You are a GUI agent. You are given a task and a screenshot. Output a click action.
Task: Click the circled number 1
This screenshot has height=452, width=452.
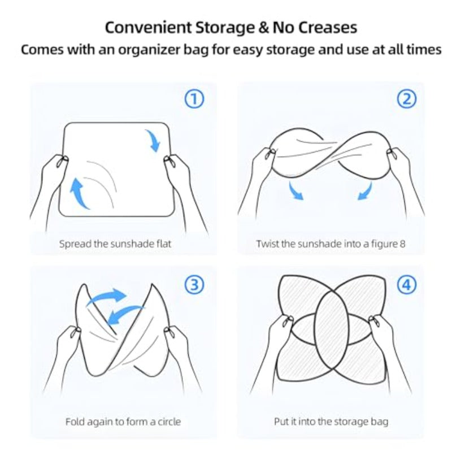tap(194, 99)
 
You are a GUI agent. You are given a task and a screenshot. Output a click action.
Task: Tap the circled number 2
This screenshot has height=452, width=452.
tap(406, 99)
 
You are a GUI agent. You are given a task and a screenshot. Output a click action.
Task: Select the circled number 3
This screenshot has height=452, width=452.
tap(194, 285)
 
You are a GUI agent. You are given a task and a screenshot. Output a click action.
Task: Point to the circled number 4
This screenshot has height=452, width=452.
tap(406, 285)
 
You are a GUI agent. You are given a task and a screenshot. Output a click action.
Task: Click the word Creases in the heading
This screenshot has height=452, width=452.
tap(328, 28)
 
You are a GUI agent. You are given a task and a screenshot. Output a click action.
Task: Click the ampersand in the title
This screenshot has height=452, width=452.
tap(263, 28)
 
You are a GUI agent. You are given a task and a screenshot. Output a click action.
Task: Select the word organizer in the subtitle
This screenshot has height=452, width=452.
tap(149, 50)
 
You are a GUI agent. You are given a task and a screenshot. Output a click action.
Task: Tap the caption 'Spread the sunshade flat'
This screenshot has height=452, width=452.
tap(115, 244)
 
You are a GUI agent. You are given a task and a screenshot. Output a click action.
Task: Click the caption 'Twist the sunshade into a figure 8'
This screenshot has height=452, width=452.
tap(331, 244)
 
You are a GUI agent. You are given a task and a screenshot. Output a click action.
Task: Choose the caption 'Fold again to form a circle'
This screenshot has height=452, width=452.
tap(123, 421)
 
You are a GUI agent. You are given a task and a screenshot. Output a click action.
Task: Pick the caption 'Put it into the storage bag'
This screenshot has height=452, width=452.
tap(331, 421)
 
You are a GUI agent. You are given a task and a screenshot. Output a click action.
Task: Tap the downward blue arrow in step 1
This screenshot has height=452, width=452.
tap(153, 140)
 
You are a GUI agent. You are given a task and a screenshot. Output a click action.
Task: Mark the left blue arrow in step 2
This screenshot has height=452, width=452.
tap(295, 191)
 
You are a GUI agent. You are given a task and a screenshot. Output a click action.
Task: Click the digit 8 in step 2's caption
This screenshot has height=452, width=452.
tap(402, 244)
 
